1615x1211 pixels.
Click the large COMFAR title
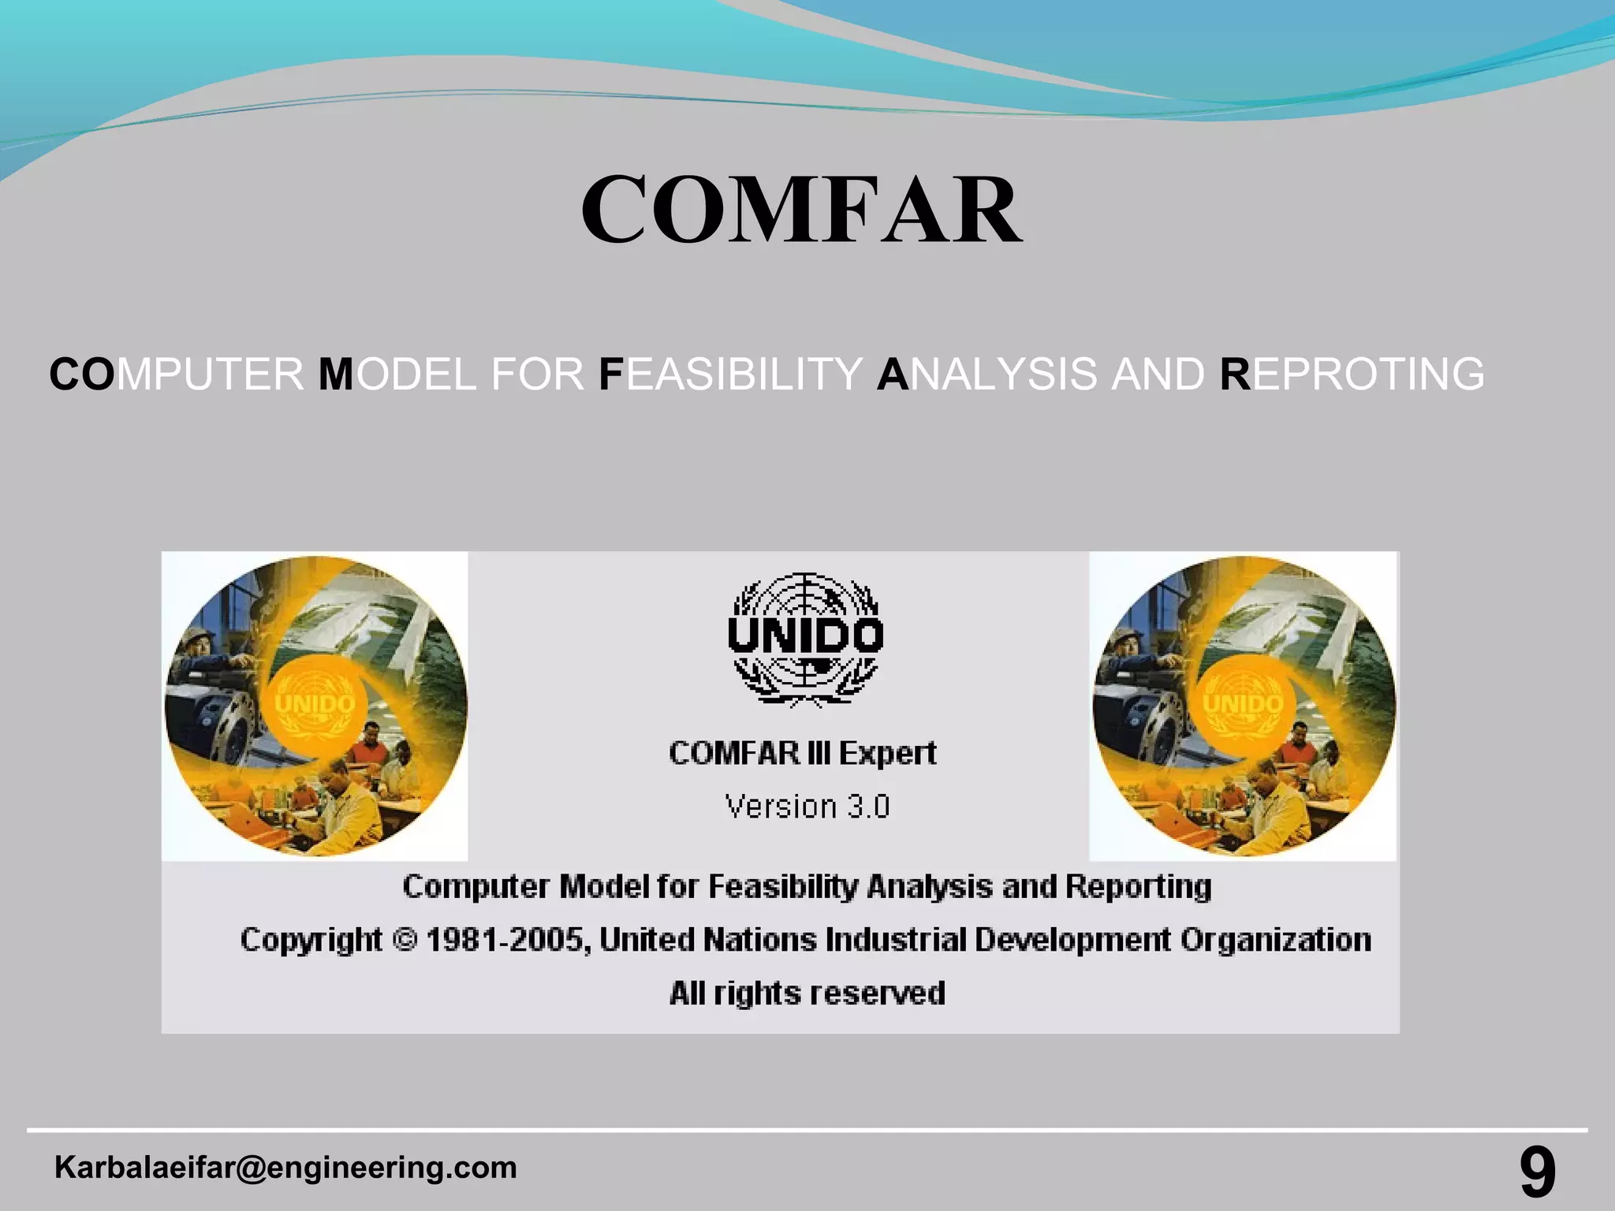click(801, 211)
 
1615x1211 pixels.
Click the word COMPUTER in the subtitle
click(177, 374)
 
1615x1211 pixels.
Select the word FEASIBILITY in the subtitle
click(730, 374)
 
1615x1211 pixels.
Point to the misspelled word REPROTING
click(1352, 374)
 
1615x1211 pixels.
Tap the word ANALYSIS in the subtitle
click(987, 374)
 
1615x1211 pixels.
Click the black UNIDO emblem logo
click(805, 639)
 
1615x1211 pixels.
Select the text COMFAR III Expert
click(803, 753)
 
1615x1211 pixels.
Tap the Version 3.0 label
click(807, 807)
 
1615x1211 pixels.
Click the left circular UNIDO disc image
click(315, 706)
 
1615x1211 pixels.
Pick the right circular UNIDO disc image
click(1244, 706)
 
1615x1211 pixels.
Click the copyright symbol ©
click(404, 940)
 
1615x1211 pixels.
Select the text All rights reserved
click(807, 993)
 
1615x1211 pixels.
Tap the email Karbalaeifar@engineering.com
click(285, 1168)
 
